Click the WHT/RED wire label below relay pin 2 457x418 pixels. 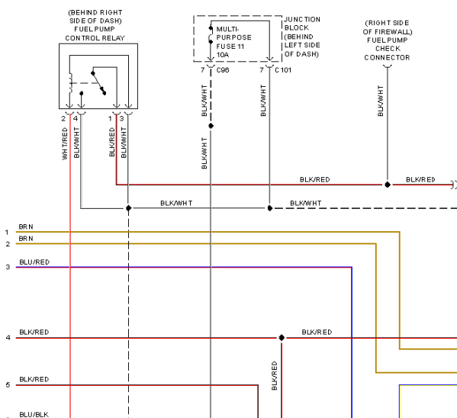click(x=65, y=143)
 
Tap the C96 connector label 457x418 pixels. click(x=223, y=70)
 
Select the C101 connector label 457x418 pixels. click(x=283, y=70)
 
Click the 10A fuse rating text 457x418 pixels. click(x=223, y=55)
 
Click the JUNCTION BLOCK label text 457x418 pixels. click(x=302, y=24)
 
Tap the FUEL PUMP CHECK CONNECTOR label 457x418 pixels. click(x=387, y=49)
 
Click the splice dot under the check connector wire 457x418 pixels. click(x=388, y=185)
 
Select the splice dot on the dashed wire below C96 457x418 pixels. click(x=211, y=126)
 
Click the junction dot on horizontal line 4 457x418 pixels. click(x=282, y=338)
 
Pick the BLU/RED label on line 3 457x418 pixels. click(x=34, y=262)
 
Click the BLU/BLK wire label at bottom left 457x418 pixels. click(x=34, y=414)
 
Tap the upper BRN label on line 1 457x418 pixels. click(x=26, y=227)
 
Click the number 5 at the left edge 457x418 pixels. click(x=8, y=384)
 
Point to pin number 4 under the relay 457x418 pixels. click(x=76, y=119)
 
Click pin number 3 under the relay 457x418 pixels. click(x=121, y=119)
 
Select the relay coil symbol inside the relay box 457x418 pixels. click(x=70, y=83)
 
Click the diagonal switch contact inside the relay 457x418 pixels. click(x=98, y=83)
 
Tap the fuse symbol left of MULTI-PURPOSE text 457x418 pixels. click(x=210, y=35)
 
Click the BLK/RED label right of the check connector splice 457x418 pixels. click(x=420, y=179)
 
